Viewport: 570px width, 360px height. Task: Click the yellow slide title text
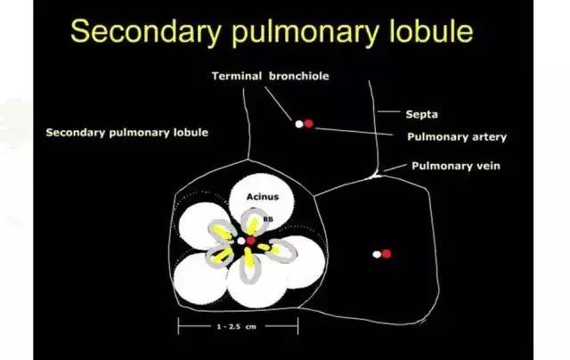272,31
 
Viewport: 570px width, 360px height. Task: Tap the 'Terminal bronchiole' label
271,76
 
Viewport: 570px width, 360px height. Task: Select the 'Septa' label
421,114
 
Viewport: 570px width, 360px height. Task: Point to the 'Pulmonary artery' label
457,136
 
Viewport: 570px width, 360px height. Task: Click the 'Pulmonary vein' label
456,166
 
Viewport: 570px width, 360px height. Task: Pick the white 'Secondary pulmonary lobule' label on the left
127,133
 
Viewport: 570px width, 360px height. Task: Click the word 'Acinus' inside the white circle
263,197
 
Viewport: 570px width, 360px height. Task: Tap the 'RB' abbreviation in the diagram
268,219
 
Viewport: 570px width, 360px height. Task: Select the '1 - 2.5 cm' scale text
237,326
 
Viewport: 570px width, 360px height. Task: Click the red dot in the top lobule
309,124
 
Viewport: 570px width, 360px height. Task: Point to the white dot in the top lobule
299,125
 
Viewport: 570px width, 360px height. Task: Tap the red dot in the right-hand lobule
387,253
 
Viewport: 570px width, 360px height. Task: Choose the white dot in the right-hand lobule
377,255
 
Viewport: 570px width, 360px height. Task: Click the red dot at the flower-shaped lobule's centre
251,241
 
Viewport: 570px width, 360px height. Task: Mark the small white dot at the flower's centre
241,241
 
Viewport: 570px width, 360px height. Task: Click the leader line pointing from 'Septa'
389,111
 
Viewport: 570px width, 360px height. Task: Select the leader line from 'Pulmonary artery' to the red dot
354,132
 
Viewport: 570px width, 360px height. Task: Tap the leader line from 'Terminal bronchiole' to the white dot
278,104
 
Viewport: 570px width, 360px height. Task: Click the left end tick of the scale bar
178,326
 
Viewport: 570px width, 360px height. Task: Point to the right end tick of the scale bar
298,326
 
